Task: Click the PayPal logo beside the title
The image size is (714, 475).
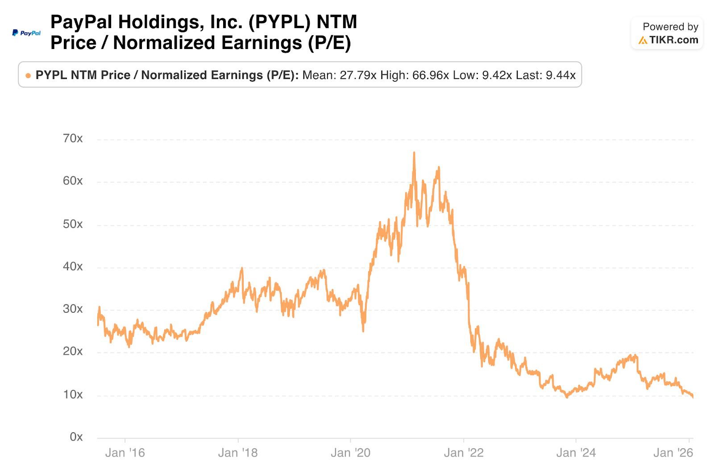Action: [x=26, y=33]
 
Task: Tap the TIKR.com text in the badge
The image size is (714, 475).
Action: [x=673, y=40]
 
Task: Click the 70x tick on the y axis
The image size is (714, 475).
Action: [x=73, y=139]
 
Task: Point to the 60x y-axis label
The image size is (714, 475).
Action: [x=73, y=181]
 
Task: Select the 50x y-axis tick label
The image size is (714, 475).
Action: [x=73, y=224]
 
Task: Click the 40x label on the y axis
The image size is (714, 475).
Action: [x=73, y=266]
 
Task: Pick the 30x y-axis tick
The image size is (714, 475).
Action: [x=73, y=309]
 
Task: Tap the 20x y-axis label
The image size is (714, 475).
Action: [x=73, y=352]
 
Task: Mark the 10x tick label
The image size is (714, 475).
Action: [x=73, y=395]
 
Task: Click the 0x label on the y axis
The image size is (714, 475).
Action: [x=76, y=437]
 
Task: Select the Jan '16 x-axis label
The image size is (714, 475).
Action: [x=125, y=453]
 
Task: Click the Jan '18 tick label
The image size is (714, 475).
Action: [x=238, y=453]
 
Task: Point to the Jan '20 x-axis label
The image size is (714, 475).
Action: [x=351, y=453]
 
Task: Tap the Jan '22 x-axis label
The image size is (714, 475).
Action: [x=464, y=453]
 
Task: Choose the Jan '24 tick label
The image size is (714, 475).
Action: [x=576, y=453]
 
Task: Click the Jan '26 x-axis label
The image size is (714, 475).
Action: [x=673, y=453]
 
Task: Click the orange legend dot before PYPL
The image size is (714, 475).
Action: [x=28, y=76]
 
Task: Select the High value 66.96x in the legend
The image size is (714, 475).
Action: [x=431, y=75]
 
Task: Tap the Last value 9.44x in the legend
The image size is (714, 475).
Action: [x=560, y=75]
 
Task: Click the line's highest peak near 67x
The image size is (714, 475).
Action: [x=414, y=153]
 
